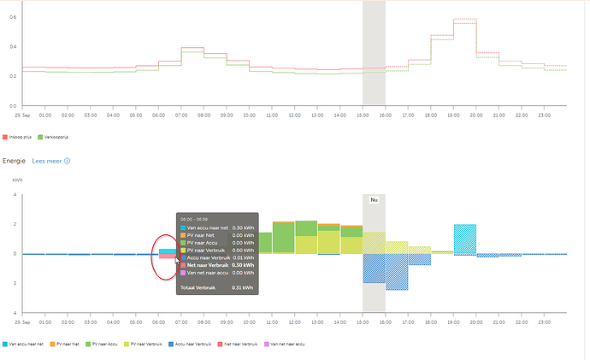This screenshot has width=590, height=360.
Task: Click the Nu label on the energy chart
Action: pyautogui.click(x=374, y=200)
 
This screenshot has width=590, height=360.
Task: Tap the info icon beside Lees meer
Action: pyautogui.click(x=67, y=160)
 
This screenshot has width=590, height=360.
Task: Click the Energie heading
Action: pyautogui.click(x=15, y=160)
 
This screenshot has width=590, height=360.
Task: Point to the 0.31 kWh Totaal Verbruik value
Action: pyautogui.click(x=244, y=287)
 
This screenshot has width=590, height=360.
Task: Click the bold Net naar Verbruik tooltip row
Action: pyautogui.click(x=210, y=265)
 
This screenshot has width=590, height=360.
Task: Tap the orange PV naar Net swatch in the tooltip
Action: pyautogui.click(x=183, y=235)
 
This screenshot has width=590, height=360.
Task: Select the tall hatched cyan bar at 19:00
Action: pyautogui.click(x=465, y=239)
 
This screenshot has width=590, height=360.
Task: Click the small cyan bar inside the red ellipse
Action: pyautogui.click(x=167, y=251)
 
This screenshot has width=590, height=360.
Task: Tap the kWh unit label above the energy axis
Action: pyautogui.click(x=18, y=180)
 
